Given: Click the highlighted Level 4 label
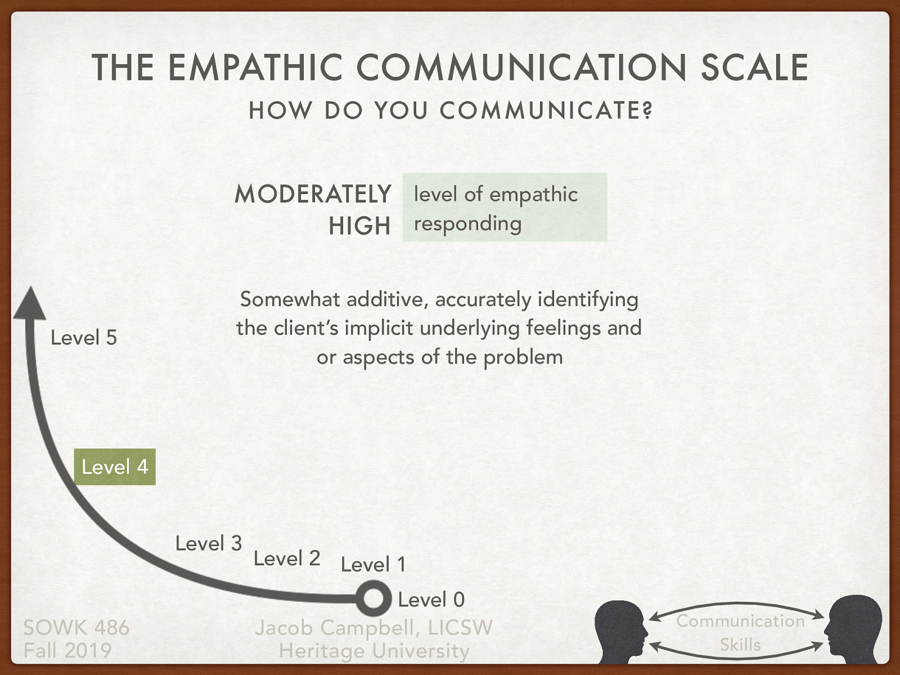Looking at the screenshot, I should point(115,467).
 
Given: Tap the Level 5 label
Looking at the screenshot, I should point(84,337).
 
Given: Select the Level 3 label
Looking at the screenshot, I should point(209,543).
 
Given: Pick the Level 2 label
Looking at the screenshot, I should point(287,558).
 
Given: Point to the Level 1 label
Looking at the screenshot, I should point(373,564).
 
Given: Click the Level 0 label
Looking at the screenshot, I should point(431,600).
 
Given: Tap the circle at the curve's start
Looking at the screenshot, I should point(373,598).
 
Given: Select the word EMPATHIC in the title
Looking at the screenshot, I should point(255,67).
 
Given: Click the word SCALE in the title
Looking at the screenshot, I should point(754,67).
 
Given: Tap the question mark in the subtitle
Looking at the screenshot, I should point(647,110).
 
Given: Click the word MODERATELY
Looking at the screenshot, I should point(313,194).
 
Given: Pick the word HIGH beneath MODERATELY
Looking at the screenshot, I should point(359,226).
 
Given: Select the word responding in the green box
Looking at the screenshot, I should point(468,224).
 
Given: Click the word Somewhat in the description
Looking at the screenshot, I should point(290,299).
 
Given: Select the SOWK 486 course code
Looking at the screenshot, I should point(76,628).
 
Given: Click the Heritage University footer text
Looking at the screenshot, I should point(374,651).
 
